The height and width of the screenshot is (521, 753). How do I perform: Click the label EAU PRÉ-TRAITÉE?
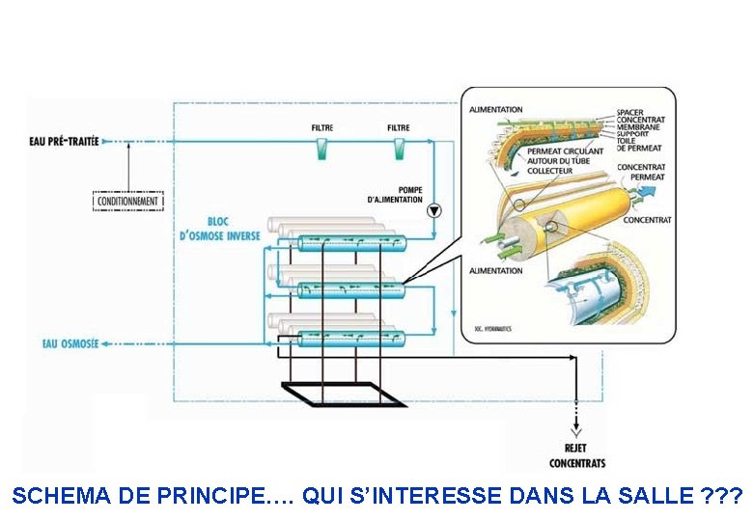tap(64, 142)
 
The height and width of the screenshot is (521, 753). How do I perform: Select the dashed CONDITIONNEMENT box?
tap(127, 201)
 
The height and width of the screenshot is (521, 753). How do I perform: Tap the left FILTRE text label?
tap(322, 127)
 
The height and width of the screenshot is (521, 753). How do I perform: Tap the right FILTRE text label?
tap(398, 127)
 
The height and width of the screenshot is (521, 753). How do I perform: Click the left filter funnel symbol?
tap(322, 149)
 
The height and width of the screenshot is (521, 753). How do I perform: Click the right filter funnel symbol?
tap(399, 149)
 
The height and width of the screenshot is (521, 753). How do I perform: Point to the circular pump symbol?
tap(433, 209)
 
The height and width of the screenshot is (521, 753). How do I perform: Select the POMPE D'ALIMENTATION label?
tap(396, 194)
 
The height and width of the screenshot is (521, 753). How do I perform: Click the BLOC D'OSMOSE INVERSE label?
tap(219, 229)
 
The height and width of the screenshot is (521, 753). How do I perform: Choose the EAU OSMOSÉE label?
tap(70, 343)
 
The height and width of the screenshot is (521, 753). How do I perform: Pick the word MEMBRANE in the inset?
tap(639, 127)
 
